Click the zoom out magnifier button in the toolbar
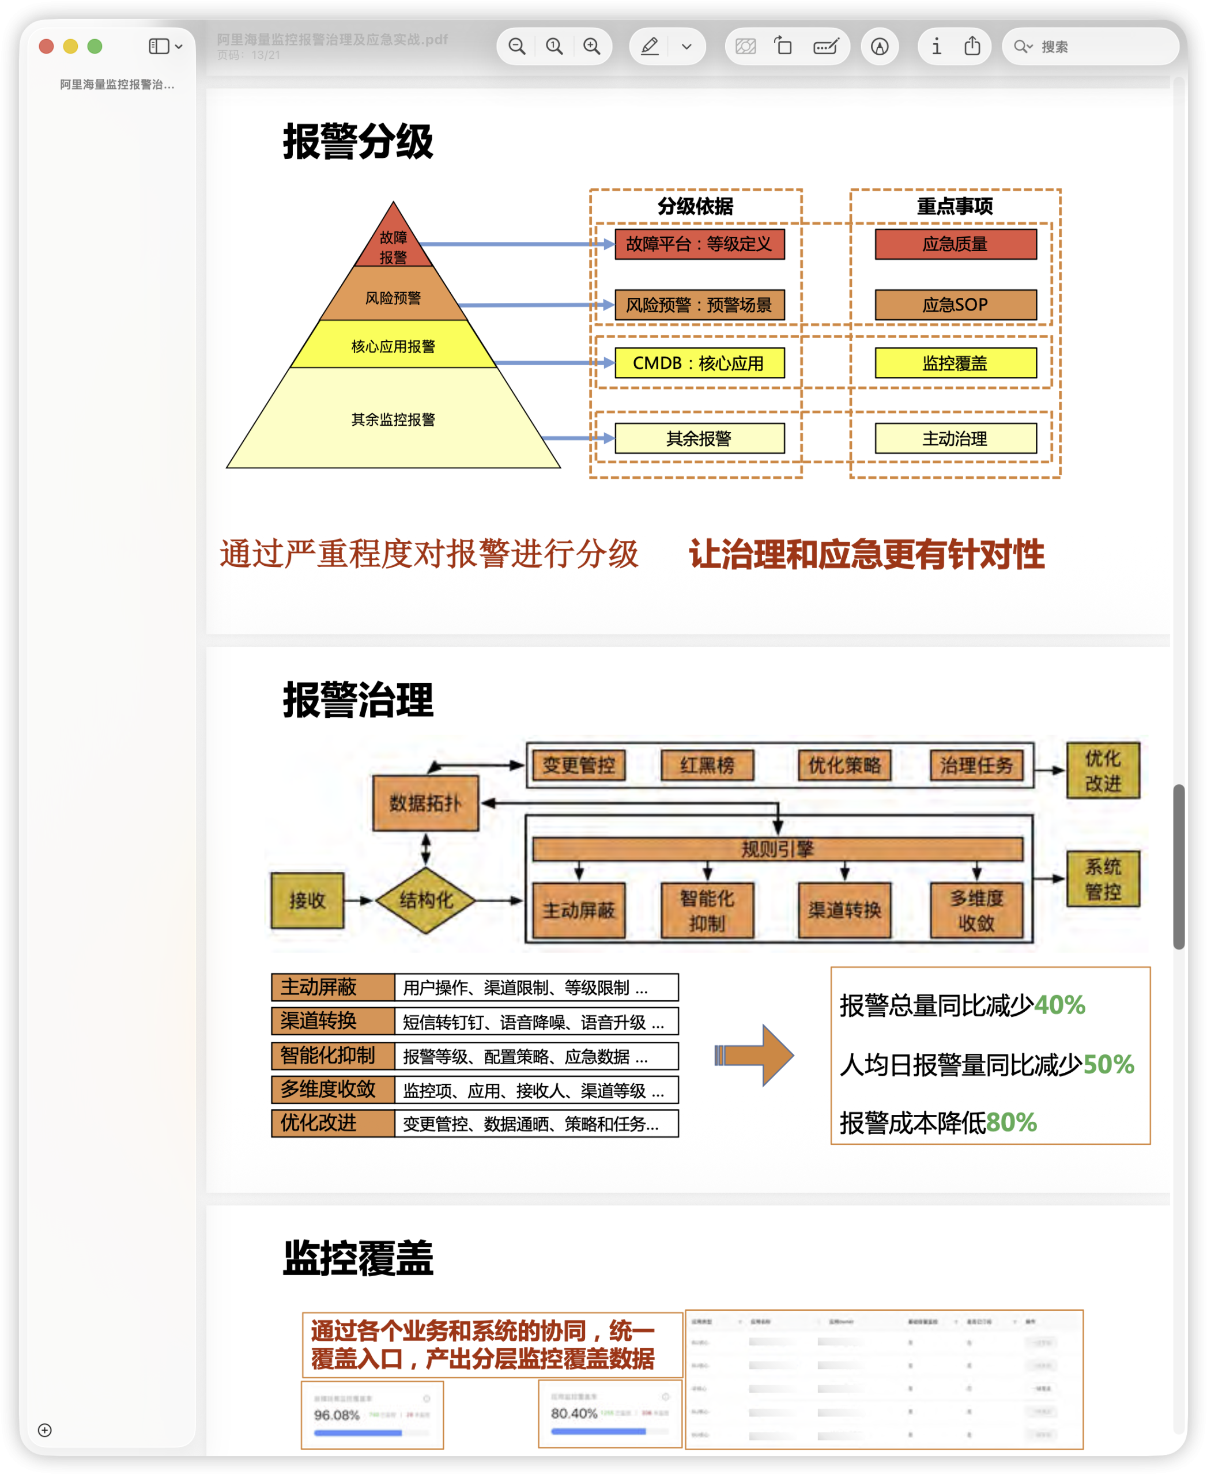pyautogui.click(x=516, y=47)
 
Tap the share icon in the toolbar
pyautogui.click(x=972, y=47)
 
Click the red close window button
pyautogui.click(x=47, y=47)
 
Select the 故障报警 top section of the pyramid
pyautogui.click(x=393, y=246)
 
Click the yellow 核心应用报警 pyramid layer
pyautogui.click(x=393, y=346)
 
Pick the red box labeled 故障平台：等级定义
pyautogui.click(x=699, y=244)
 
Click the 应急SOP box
pyautogui.click(x=955, y=304)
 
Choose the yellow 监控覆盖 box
pyautogui.click(x=955, y=363)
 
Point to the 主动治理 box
pyautogui.click(x=955, y=438)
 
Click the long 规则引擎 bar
pyautogui.click(x=778, y=849)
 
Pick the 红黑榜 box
pyautogui.click(x=707, y=765)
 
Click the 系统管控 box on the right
pyautogui.click(x=1103, y=879)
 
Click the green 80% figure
pyautogui.click(x=1011, y=1122)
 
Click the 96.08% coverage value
pyautogui.click(x=337, y=1415)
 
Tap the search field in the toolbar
pyautogui.click(x=1099, y=47)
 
